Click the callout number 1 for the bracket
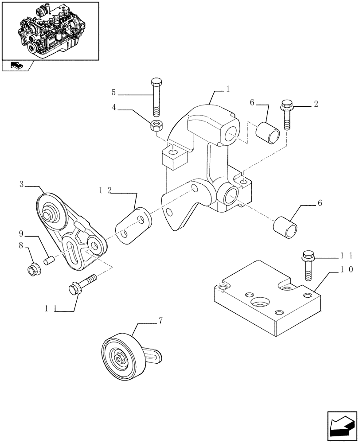227,89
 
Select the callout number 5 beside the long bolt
113,93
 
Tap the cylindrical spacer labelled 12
133,224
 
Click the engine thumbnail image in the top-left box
50,31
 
